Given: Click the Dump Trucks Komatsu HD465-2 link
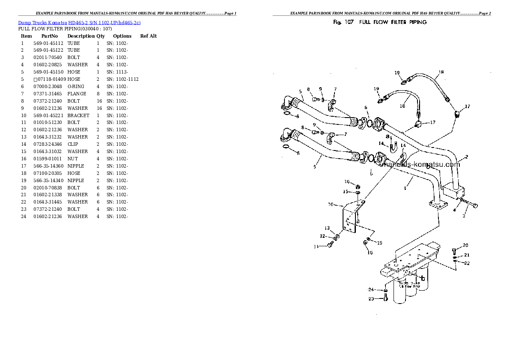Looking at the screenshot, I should (79, 22).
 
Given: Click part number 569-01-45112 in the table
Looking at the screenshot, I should (48, 43).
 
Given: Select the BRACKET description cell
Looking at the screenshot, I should (78, 115).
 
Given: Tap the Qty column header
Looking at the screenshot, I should (101, 36).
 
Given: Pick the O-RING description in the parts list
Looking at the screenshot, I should (76, 86).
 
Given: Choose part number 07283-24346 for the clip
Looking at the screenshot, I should (48, 144).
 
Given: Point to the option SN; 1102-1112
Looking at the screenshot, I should (122, 79).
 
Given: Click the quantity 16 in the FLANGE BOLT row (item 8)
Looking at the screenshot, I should (99, 101).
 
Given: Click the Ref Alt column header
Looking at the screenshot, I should (148, 36).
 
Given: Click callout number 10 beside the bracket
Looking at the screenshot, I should (331, 204).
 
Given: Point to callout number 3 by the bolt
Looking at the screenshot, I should (463, 216).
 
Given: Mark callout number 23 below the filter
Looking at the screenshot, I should (371, 299).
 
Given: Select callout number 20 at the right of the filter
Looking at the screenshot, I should (465, 245).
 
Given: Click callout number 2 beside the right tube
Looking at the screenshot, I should (466, 156).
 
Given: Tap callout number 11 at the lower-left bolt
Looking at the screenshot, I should (317, 246).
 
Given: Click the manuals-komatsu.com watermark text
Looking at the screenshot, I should (421, 165).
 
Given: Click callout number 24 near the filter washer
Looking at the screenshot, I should (371, 289).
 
